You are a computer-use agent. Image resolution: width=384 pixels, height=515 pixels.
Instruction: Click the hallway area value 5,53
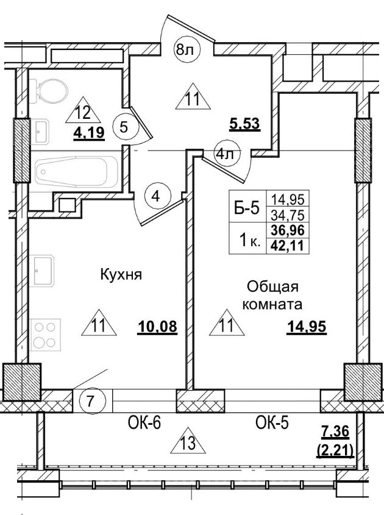coord(245,124)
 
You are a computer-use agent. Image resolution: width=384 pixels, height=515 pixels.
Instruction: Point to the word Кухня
coord(121,275)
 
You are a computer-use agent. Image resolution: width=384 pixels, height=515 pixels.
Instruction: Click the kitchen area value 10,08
coord(157,327)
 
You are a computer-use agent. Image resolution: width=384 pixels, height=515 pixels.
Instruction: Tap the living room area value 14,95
coord(307,327)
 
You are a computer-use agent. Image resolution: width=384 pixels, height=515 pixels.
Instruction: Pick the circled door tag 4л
coord(225,154)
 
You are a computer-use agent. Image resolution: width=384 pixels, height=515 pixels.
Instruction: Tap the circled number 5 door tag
coord(124,127)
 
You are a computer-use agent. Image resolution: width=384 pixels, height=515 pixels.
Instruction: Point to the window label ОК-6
coord(144,423)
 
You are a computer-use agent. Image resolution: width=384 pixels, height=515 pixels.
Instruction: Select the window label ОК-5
coord(271,423)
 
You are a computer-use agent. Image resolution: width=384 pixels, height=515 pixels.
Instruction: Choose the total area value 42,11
coord(293,246)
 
